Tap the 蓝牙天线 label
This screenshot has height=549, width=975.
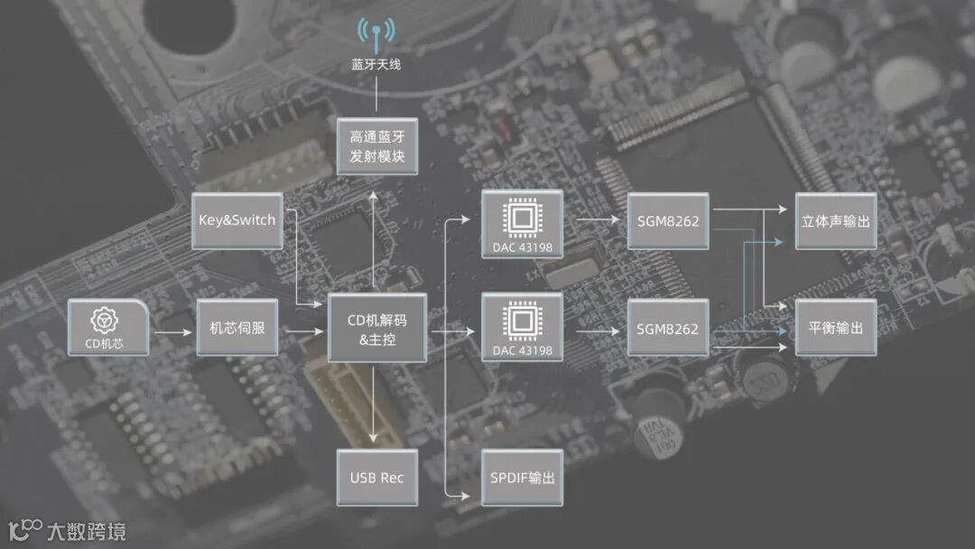pos(376,65)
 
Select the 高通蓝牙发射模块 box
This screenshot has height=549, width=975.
pos(376,147)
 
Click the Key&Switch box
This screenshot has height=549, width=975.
pos(237,220)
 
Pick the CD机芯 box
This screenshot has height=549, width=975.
pos(108,327)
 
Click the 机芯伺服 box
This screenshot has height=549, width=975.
pos(237,328)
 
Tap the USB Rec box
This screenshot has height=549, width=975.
pos(376,478)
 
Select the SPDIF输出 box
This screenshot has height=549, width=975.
pos(522,478)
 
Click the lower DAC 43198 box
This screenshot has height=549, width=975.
pos(522,327)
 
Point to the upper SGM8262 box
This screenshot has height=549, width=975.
pos(667,220)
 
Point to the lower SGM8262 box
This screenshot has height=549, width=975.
pos(667,329)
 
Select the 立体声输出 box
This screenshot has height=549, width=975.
pos(835,220)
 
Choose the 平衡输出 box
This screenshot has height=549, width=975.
pos(835,327)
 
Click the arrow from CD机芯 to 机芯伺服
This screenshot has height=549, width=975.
pos(173,332)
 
